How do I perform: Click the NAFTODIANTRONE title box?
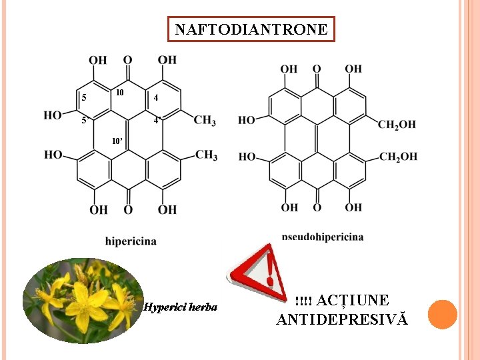click(251, 29)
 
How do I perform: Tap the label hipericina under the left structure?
click(131, 241)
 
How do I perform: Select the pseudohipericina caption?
click(323, 236)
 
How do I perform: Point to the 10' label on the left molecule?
click(117, 141)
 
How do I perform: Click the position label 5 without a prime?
click(83, 98)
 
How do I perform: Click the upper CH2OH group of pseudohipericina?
click(397, 124)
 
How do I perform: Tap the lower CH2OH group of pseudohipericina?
click(398, 157)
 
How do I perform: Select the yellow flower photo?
click(83, 301)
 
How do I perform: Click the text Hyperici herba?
click(181, 307)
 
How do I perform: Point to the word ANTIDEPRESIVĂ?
click(342, 319)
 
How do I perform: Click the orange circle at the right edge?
click(442, 314)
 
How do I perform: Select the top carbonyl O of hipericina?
click(127, 60)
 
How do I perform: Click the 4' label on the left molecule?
click(157, 121)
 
